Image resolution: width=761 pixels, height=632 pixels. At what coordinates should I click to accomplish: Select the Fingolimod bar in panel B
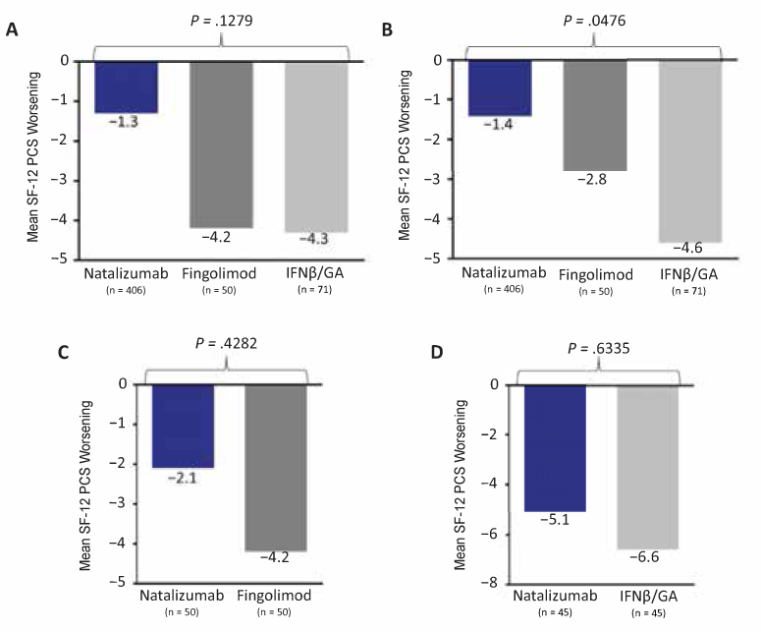tap(596, 116)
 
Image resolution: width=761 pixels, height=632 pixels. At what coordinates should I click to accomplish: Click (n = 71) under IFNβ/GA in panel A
tap(318, 290)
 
